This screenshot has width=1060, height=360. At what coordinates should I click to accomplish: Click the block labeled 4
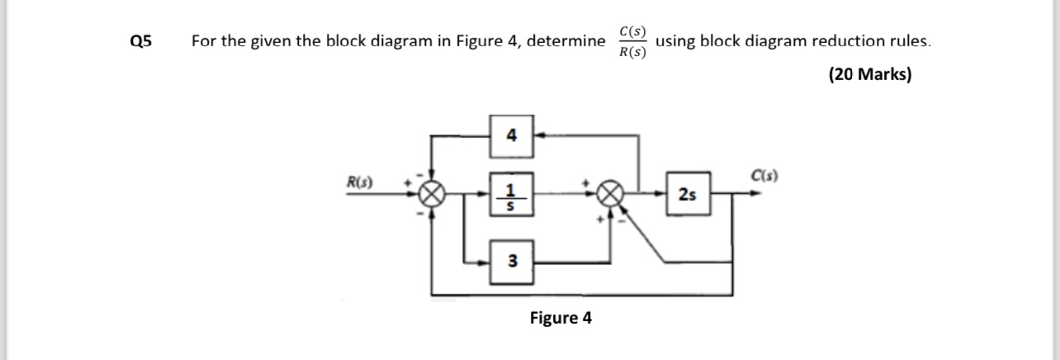[x=512, y=135]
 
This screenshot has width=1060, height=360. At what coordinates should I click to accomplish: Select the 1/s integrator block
[x=512, y=196]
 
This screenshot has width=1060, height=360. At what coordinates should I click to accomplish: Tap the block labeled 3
[x=512, y=262]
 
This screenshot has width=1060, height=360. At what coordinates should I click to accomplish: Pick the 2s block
[x=686, y=196]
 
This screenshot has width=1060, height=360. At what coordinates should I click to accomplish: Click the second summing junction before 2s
[x=612, y=196]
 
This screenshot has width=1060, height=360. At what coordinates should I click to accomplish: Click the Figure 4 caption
[x=561, y=318]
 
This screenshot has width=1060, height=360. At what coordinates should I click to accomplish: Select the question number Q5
[x=140, y=42]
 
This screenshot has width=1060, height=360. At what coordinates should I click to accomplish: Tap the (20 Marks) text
[x=870, y=75]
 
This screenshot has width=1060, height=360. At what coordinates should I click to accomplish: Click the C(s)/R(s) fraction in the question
[x=632, y=42]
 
